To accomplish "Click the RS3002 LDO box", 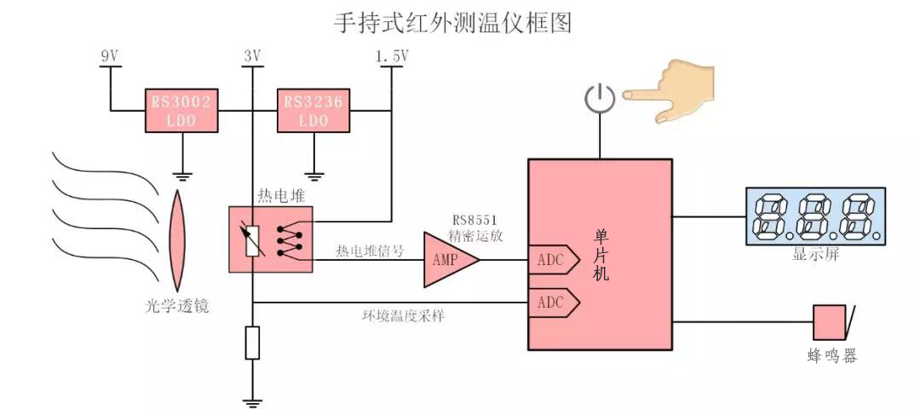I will pyautogui.click(x=181, y=110).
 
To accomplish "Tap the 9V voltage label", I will pyautogui.click(x=110, y=56).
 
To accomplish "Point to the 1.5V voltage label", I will pyautogui.click(x=392, y=56).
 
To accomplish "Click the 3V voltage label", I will pyautogui.click(x=251, y=56).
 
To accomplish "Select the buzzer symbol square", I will pyautogui.click(x=827, y=323).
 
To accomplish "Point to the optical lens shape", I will pyautogui.click(x=177, y=240).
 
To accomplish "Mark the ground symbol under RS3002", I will pyautogui.click(x=182, y=175).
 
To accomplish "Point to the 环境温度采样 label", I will pyautogui.click(x=403, y=316).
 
